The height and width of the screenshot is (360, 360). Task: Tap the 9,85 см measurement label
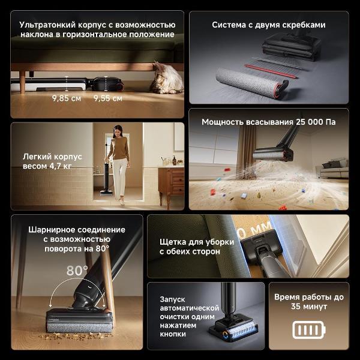click(x=67, y=98)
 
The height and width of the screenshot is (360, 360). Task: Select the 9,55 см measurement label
click(x=108, y=98)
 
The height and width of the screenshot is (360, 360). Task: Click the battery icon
click(x=309, y=330)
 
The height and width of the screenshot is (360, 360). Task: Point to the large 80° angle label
click(x=77, y=271)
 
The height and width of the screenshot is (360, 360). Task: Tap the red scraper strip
click(x=271, y=71)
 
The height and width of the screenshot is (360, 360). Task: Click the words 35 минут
click(x=309, y=307)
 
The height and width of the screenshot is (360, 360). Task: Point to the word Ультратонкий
click(x=47, y=25)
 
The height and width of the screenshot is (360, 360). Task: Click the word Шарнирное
click(x=51, y=230)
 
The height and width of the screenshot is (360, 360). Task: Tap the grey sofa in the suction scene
click(x=332, y=168)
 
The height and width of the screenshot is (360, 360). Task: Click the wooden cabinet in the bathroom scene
click(x=171, y=187)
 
